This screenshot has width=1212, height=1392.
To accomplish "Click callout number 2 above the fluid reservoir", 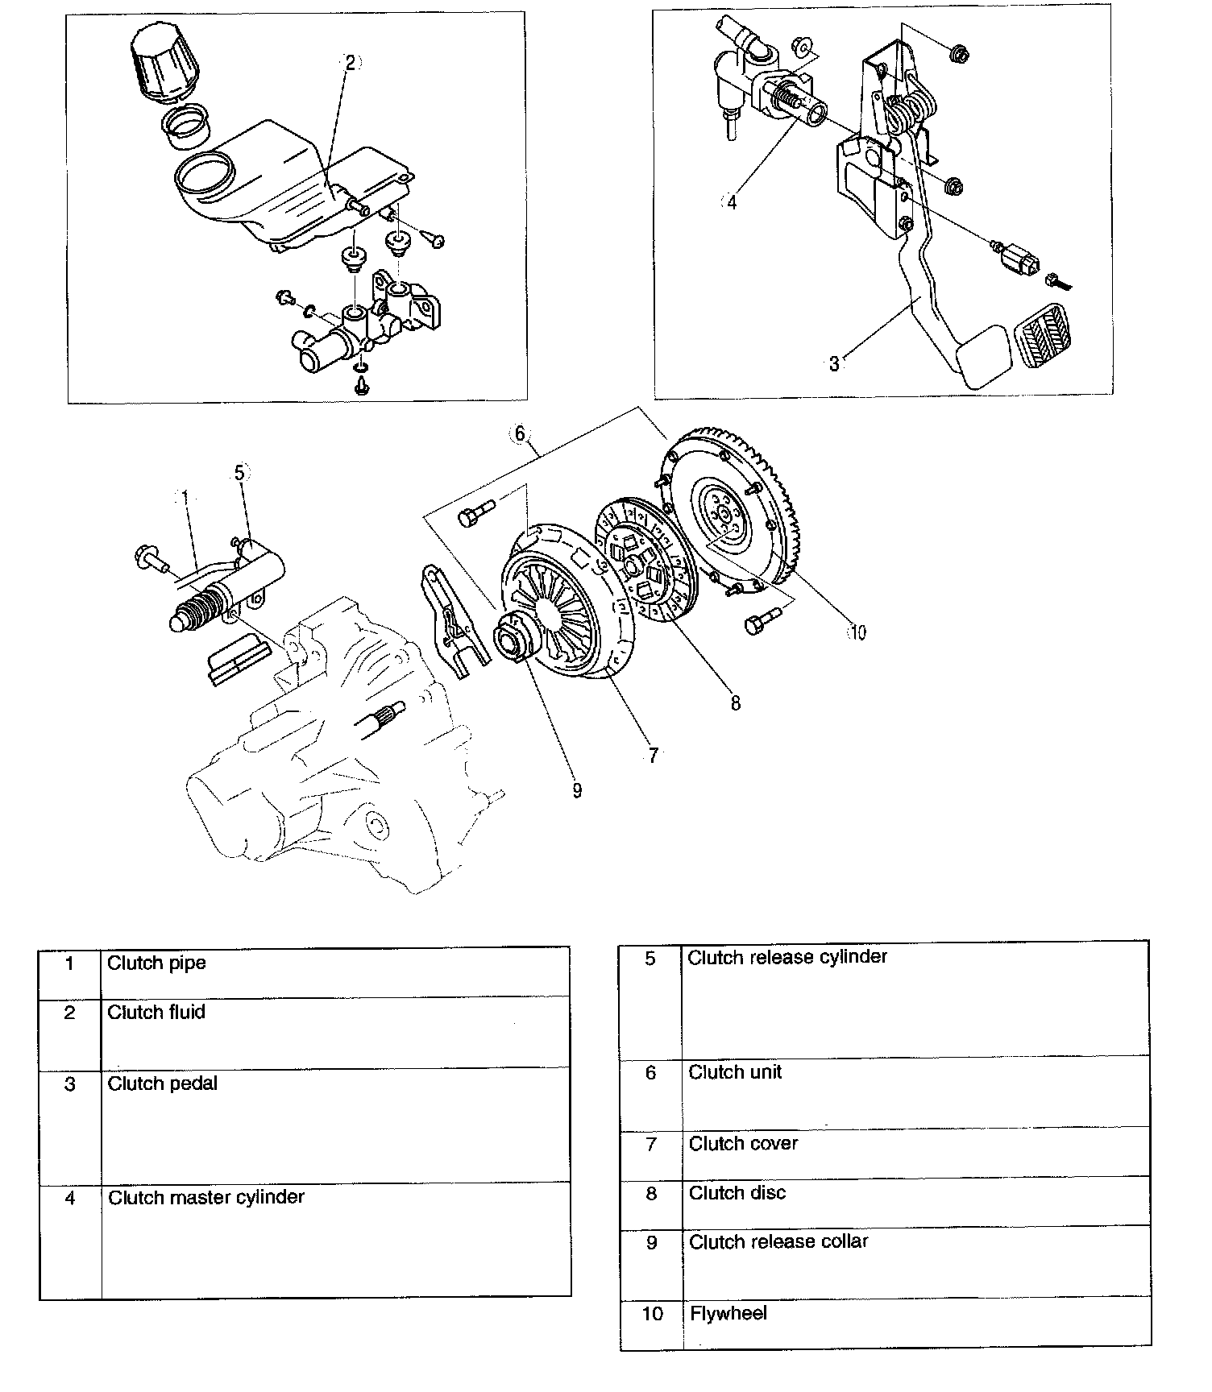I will [351, 63].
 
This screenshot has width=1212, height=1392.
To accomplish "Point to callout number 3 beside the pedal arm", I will [834, 364].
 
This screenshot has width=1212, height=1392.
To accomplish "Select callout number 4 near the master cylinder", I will [732, 203].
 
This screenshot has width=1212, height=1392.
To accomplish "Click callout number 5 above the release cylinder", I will [240, 473].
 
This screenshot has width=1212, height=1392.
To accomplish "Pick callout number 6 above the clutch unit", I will [520, 434].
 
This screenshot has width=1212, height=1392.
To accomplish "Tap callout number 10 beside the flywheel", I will [857, 632].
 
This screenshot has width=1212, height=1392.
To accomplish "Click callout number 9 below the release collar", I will [577, 790].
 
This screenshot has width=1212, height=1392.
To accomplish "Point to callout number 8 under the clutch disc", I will [735, 702].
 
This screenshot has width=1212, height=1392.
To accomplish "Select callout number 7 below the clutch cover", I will [653, 755].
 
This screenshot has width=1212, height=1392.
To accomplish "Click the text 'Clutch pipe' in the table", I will [156, 963].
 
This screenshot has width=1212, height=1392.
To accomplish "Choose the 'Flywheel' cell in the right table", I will [728, 1314].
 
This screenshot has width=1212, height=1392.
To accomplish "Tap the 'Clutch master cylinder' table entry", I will [206, 1197].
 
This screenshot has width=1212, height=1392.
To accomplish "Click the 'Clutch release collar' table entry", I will [778, 1241].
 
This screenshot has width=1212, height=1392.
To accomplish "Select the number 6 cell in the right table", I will [650, 1073].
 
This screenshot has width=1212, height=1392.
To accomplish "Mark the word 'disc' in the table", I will [767, 1193].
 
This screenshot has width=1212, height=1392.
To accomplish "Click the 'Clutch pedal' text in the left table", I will [163, 1083].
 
